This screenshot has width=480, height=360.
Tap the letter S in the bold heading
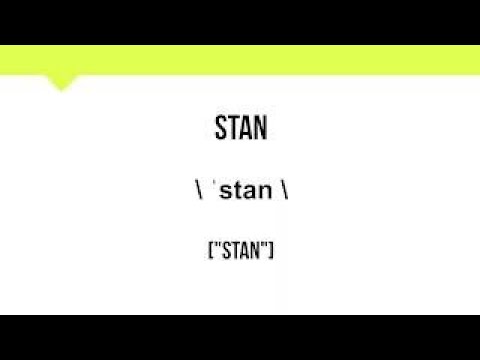(221, 129)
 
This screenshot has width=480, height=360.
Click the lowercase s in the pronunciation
(224, 191)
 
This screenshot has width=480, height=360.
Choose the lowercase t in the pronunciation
(236, 190)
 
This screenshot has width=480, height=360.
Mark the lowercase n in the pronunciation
(264, 191)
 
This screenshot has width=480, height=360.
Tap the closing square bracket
(272, 250)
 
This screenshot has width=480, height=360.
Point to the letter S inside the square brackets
(223, 250)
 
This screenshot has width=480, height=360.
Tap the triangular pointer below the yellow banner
(61, 83)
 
